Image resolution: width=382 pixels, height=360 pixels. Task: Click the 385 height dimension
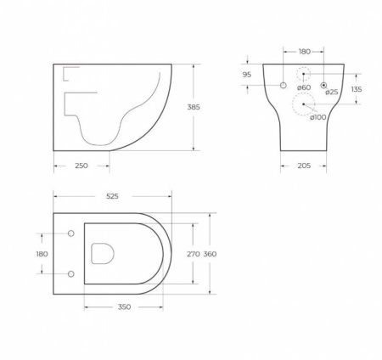tap(205, 107)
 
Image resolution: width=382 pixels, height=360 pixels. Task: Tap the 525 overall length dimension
tap(112, 196)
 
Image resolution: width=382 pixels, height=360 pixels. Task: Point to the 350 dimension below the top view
tap(124, 307)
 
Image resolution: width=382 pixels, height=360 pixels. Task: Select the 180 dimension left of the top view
tap(42, 253)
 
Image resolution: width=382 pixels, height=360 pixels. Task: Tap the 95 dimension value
tap(247, 74)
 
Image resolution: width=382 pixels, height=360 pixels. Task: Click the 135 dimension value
tap(357, 89)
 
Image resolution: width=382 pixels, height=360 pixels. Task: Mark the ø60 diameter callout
tap(304, 87)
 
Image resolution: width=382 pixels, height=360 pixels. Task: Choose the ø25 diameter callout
tap(331, 91)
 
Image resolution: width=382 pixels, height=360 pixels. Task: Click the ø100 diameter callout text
tap(317, 117)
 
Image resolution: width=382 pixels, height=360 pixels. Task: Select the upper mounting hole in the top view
tap(70, 233)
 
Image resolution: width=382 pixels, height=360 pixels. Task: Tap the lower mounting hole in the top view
tap(70, 273)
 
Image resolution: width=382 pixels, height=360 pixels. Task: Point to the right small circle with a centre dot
tap(323, 85)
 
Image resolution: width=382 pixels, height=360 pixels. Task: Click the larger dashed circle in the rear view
tap(303, 104)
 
